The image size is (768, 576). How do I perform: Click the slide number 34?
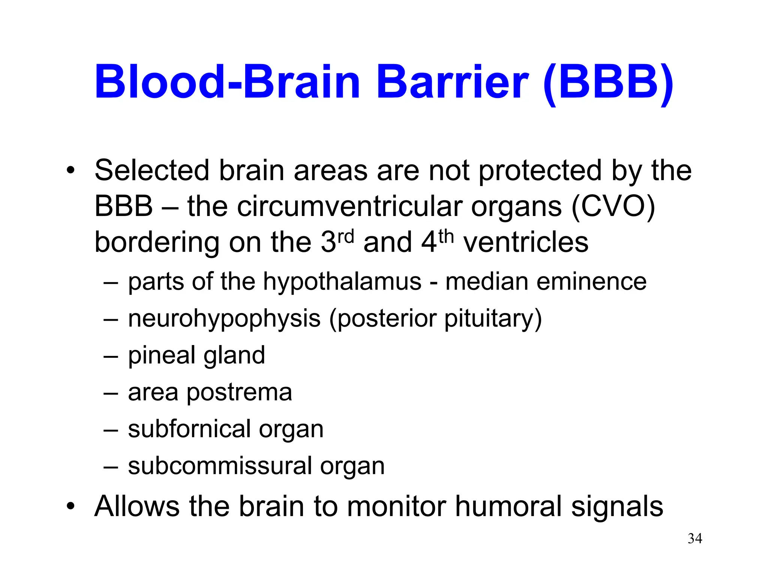tap(694, 538)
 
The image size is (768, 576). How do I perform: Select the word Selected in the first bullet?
tap(152, 171)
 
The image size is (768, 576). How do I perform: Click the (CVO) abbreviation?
tap(613, 207)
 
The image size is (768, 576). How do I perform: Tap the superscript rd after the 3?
tap(345, 237)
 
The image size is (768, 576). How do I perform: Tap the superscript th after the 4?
tap(446, 237)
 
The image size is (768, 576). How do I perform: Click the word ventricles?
tap(526, 243)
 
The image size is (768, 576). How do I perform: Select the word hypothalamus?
tap(342, 282)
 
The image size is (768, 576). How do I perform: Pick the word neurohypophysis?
tap(224, 319)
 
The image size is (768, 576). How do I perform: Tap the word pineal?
tap(161, 356)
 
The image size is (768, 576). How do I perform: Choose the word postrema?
tap(239, 393)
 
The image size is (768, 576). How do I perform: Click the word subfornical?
tap(189, 429)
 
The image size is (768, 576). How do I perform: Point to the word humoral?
tap(508, 506)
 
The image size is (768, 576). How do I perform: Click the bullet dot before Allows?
tap(70, 507)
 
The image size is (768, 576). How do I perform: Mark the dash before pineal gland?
tap(111, 356)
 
